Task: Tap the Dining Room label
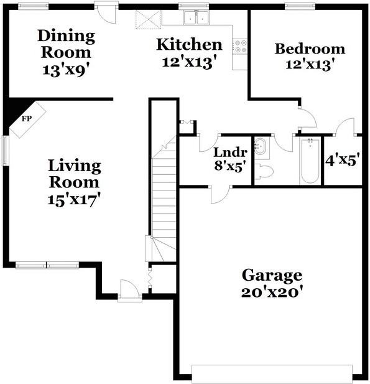click(67, 44)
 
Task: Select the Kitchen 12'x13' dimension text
click(188, 62)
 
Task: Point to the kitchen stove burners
click(240, 45)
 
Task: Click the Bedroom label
click(310, 49)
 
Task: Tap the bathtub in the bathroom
click(309, 161)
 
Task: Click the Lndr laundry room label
click(230, 152)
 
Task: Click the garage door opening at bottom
click(272, 373)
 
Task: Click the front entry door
click(129, 291)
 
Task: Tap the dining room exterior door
click(106, 11)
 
